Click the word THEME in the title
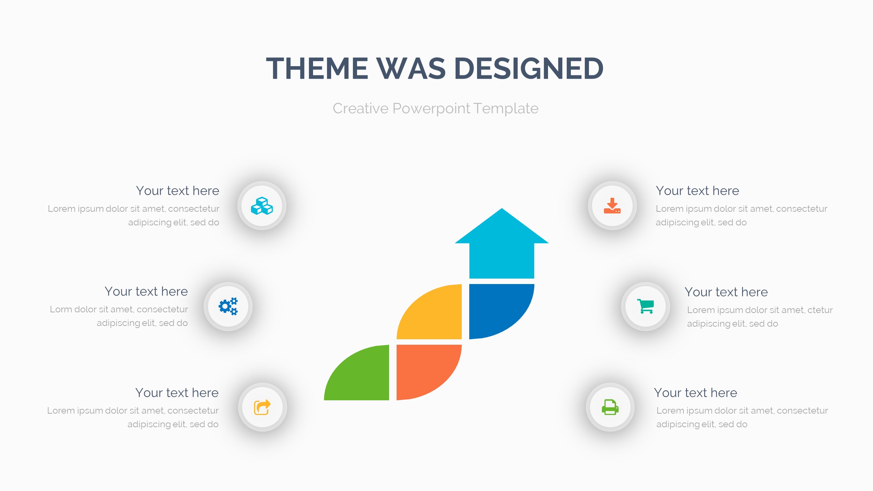point(317,69)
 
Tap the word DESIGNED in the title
point(529,69)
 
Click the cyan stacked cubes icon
point(262,206)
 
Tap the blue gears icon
point(228,306)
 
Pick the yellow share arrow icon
point(262,407)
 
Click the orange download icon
point(612,206)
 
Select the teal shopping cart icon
point(646,306)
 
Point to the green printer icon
point(610,407)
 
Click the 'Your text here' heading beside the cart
point(726,292)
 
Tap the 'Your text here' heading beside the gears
point(146,291)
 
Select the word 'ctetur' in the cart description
point(820,310)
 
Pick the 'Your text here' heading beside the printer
point(696,392)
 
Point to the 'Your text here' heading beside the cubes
point(178,191)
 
